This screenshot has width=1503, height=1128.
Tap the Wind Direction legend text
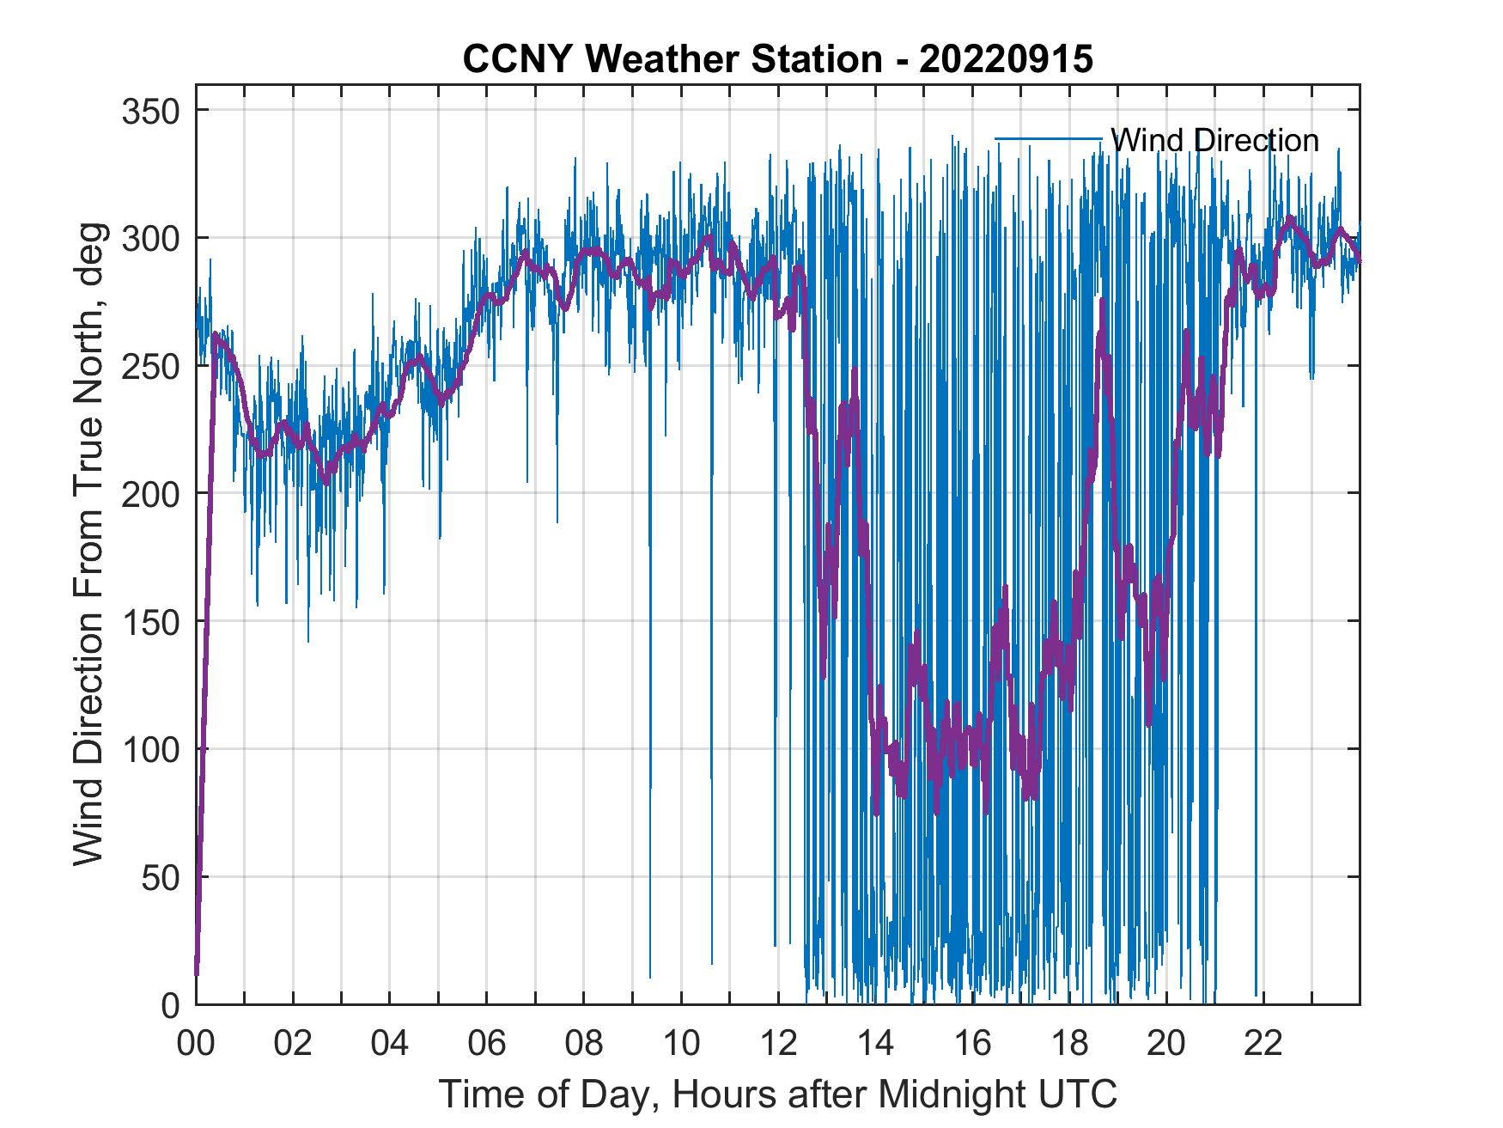tap(1214, 140)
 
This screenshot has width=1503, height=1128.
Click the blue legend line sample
tap(1048, 139)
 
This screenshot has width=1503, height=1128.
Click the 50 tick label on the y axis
tap(163, 877)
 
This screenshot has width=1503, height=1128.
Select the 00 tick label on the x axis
tap(196, 1044)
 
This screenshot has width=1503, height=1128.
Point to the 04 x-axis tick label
tap(390, 1044)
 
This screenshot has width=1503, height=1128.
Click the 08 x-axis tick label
tap(584, 1044)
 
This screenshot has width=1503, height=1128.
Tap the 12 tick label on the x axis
tap(778, 1044)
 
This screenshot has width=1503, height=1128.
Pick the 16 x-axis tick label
tap(972, 1044)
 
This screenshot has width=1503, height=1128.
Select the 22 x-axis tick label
tap(1263, 1044)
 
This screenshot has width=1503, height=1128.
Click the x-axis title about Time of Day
tap(777, 1094)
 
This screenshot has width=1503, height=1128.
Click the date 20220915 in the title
tap(1006, 59)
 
